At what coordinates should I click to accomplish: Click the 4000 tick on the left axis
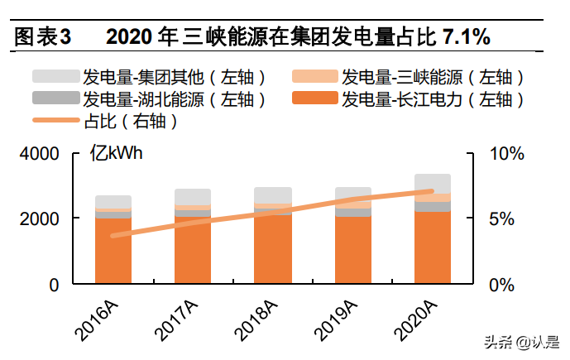(x=39, y=155)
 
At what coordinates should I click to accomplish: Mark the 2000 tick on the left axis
(x=39, y=219)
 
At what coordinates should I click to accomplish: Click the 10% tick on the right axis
(x=507, y=155)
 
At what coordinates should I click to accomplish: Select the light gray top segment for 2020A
(x=432, y=183)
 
